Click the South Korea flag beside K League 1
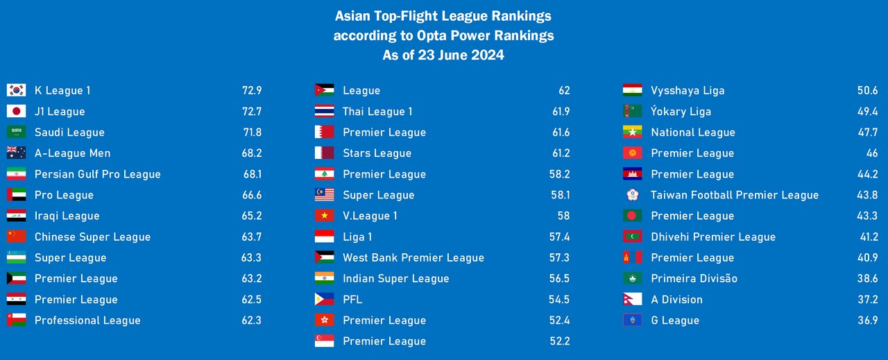[x=16, y=90]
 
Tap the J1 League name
[x=60, y=112]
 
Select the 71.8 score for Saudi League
[x=251, y=132]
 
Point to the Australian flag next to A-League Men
[x=16, y=153]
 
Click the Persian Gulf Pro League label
[x=97, y=174]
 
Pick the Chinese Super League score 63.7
[x=251, y=237]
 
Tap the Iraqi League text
[x=67, y=216]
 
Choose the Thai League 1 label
[x=377, y=112]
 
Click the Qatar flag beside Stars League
[x=324, y=153]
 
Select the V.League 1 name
[x=370, y=216]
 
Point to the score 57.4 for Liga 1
[x=559, y=237]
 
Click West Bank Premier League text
[x=413, y=257]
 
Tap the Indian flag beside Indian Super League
[x=324, y=278]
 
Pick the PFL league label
[x=352, y=300]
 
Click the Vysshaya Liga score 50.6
[x=867, y=90]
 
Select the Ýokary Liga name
[x=681, y=112]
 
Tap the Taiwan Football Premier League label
[x=734, y=195]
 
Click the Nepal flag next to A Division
[x=631, y=300]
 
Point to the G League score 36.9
[x=867, y=320]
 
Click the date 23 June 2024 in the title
[x=461, y=55]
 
